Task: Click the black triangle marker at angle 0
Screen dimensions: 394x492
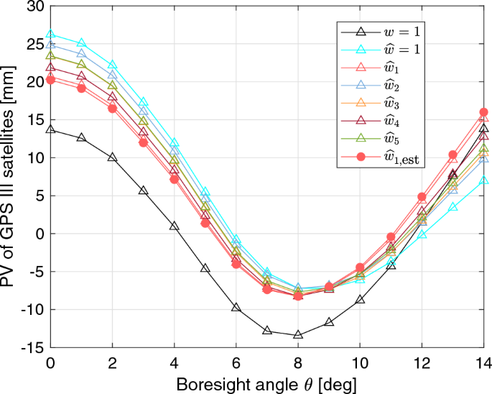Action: tap(50, 129)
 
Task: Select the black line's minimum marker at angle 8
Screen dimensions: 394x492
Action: tap(298, 334)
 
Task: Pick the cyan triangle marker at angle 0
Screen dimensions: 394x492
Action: tap(50, 34)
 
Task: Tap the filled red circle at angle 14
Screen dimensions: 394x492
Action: tap(483, 112)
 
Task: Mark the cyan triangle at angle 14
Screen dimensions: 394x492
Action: tap(483, 180)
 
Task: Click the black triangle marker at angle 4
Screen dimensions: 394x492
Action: tap(175, 226)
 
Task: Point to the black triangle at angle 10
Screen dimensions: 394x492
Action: tap(360, 299)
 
